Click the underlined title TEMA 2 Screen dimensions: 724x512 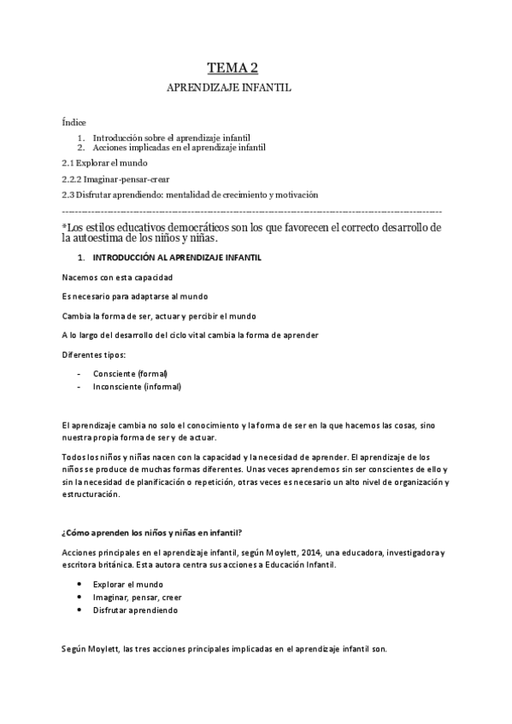(x=233, y=69)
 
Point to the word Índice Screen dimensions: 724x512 (x=74, y=123)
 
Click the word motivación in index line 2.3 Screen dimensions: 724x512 (x=293, y=196)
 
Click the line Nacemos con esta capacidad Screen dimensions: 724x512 (x=118, y=278)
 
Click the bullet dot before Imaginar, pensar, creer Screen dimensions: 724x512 (x=79, y=598)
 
